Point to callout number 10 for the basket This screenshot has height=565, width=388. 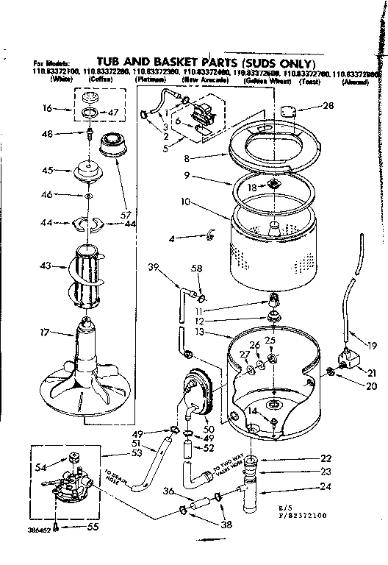[x=187, y=201]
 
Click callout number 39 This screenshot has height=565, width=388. [x=154, y=266]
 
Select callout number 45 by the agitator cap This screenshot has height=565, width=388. [x=48, y=169]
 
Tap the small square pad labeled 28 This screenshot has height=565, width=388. [x=290, y=110]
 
